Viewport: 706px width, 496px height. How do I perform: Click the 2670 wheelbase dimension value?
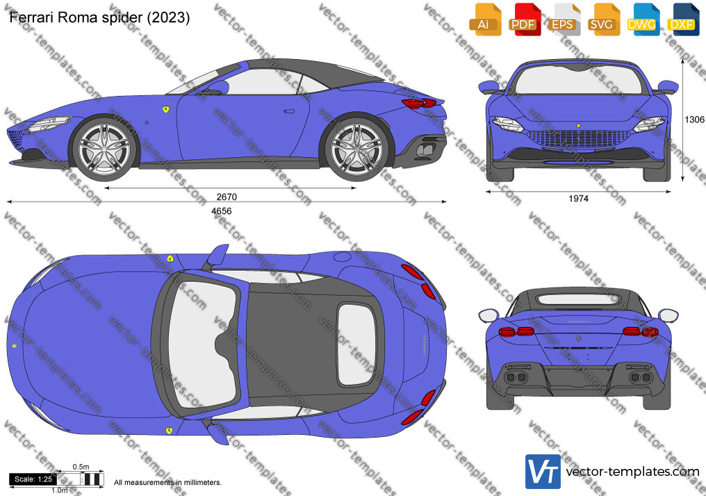click(227, 197)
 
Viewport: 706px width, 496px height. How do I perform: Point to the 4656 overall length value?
click(222, 211)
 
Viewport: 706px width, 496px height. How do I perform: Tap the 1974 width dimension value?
click(579, 199)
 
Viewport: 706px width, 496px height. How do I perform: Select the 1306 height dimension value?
click(694, 119)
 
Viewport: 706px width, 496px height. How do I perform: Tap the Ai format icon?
click(484, 19)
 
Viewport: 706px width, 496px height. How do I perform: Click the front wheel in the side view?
click(104, 149)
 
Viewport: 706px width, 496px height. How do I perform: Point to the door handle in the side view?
click(289, 110)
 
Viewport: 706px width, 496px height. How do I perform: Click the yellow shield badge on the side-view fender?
click(165, 109)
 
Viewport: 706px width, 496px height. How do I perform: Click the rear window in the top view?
click(356, 345)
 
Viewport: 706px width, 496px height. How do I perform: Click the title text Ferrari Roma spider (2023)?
click(99, 17)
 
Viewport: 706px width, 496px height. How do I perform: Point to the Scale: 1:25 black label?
click(33, 479)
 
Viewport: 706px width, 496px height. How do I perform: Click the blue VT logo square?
click(543, 472)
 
